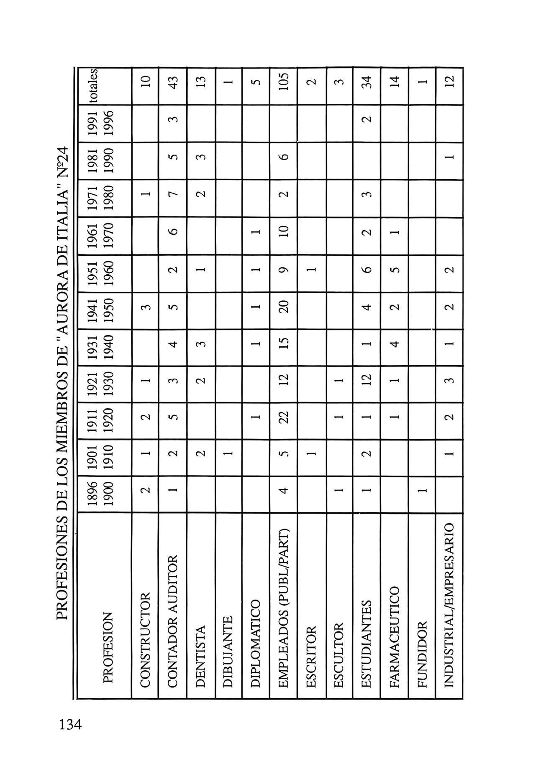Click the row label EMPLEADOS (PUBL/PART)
tap(284, 608)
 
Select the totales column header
tap(92, 85)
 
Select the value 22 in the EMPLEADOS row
tap(284, 421)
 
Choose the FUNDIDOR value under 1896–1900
tap(422, 494)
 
